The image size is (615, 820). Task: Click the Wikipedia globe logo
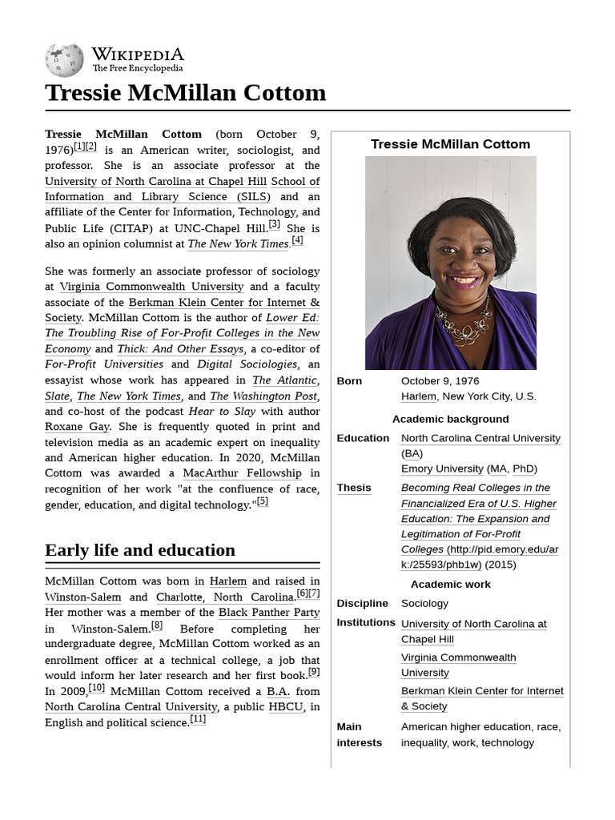click(x=64, y=60)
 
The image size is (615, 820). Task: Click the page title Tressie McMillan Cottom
click(x=186, y=93)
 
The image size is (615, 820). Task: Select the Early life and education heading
click(x=140, y=550)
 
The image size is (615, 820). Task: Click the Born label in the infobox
click(x=349, y=381)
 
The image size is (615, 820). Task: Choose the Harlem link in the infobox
click(x=418, y=396)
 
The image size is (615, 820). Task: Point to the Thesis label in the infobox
click(x=353, y=488)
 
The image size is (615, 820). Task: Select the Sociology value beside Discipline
click(x=424, y=603)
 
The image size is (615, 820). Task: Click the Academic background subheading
click(x=450, y=419)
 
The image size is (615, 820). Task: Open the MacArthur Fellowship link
click(x=231, y=473)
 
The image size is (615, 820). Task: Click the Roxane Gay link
click(x=77, y=427)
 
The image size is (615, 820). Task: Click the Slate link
click(x=57, y=396)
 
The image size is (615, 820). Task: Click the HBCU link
click(x=286, y=707)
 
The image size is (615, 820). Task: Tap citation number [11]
click(x=198, y=719)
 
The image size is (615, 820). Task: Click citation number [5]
click(x=262, y=502)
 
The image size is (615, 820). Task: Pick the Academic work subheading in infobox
click(x=450, y=584)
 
